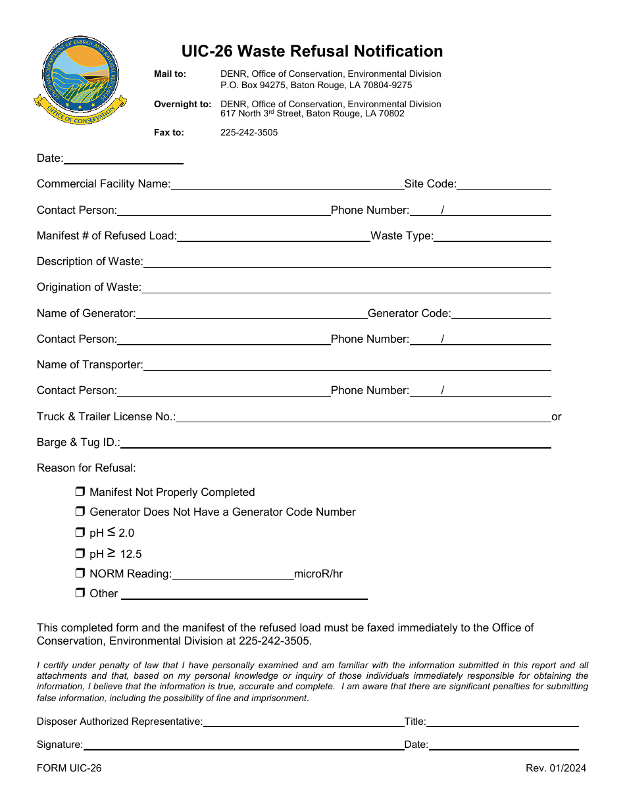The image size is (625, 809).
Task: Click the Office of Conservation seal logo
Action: [x=80, y=81]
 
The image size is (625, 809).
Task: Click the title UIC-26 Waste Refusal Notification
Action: [x=312, y=51]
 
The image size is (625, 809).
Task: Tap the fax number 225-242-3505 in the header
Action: [x=249, y=132]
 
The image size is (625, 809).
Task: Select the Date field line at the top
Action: [x=123, y=159]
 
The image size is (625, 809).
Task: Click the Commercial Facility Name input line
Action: [x=287, y=185]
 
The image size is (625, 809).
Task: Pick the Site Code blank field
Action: [x=503, y=185]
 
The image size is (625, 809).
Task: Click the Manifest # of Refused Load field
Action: [x=273, y=236]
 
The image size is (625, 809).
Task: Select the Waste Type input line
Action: [x=492, y=236]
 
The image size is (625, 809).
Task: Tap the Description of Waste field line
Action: [x=347, y=262]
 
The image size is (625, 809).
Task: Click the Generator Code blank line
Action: [x=501, y=314]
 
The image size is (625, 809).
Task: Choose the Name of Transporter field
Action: [x=347, y=365]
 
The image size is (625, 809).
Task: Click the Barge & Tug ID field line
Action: [x=336, y=443]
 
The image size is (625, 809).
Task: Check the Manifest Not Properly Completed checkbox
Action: [x=80, y=491]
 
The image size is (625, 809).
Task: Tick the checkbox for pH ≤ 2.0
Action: [x=80, y=532]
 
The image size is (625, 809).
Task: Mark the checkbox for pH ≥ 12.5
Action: [x=80, y=553]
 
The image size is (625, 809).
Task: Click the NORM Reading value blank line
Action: [x=233, y=574]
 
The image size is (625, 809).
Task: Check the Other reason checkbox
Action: [x=80, y=593]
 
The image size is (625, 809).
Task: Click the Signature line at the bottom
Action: [x=243, y=745]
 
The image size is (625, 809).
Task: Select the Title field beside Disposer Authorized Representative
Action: [x=502, y=722]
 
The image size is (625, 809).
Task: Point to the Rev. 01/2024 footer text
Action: [x=555, y=768]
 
